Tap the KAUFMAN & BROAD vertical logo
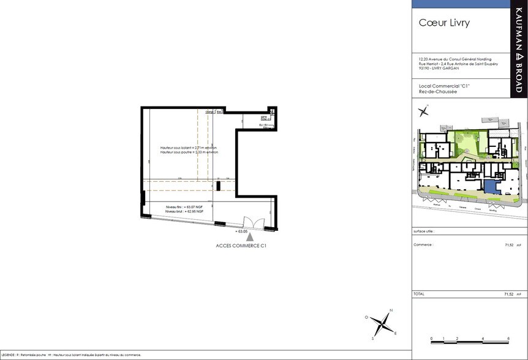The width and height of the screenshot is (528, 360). tap(518, 51)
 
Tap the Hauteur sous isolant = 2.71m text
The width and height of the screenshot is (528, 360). tap(189, 148)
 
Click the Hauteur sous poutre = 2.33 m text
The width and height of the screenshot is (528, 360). tap(189, 153)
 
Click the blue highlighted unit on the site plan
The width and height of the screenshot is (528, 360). tap(491, 188)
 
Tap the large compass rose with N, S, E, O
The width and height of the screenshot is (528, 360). tap(382, 323)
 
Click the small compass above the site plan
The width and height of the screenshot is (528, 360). tap(423, 111)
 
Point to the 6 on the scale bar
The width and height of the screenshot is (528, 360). tap(508, 339)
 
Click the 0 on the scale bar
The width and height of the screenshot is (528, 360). tap(432, 339)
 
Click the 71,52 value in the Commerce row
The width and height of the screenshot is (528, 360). tap(508, 244)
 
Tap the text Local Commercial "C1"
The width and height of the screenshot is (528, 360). tap(443, 87)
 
